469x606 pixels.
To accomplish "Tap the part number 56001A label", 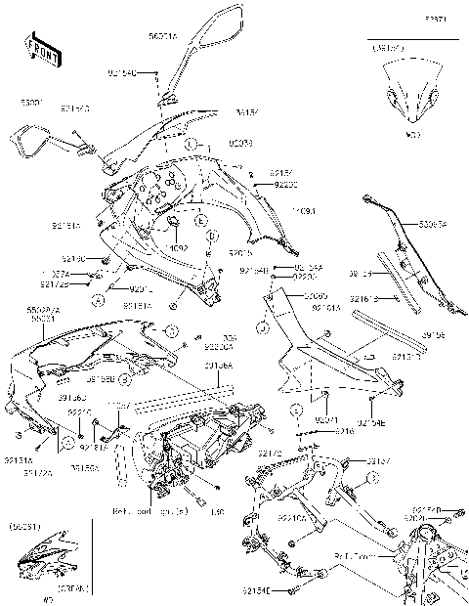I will click(162, 36).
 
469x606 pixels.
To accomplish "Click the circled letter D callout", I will click(214, 238).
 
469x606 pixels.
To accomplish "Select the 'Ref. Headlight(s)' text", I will click(147, 511).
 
